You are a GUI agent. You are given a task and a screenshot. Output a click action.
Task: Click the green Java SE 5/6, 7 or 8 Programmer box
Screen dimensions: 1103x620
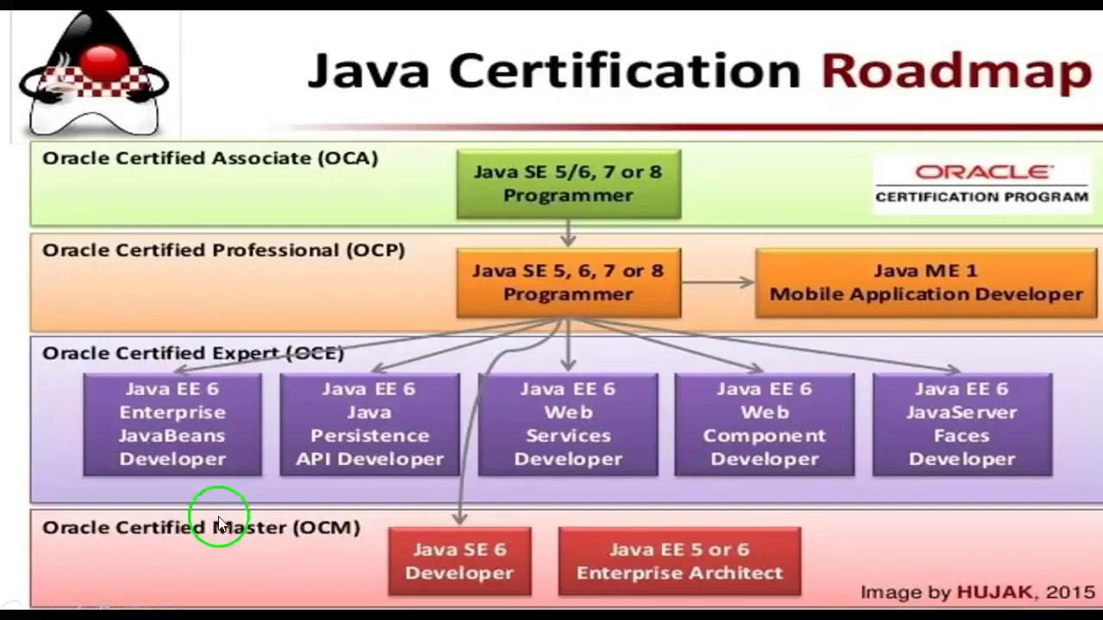pyautogui.click(x=568, y=183)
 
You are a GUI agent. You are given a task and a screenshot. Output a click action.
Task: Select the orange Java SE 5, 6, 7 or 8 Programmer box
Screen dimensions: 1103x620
pyautogui.click(x=568, y=282)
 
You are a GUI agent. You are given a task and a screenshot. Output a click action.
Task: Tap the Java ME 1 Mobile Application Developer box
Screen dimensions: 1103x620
pyautogui.click(x=926, y=282)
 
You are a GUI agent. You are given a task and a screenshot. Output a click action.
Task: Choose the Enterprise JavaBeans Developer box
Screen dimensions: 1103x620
pyautogui.click(x=172, y=424)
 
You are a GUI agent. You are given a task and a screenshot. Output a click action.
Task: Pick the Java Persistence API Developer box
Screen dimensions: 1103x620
pyautogui.click(x=370, y=424)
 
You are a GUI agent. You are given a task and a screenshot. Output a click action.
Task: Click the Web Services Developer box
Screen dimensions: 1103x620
pyautogui.click(x=568, y=424)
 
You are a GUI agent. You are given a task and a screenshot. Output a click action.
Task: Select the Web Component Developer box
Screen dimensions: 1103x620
pyautogui.click(x=764, y=424)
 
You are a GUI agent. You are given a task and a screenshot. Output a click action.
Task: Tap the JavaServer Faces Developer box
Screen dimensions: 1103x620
pyautogui.click(x=962, y=424)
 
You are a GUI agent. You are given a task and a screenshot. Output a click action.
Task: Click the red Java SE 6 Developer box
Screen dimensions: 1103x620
pyautogui.click(x=459, y=561)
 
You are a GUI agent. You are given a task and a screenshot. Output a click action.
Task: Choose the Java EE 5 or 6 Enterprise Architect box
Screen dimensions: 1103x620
pyautogui.click(x=680, y=561)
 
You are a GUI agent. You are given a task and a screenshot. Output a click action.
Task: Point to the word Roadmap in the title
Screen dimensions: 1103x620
pyautogui.click(x=956, y=71)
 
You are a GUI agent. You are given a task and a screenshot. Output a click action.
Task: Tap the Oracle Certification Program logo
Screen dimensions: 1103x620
pyautogui.click(x=981, y=183)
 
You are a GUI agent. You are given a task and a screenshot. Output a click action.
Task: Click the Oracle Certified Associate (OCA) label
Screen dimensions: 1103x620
pyautogui.click(x=210, y=158)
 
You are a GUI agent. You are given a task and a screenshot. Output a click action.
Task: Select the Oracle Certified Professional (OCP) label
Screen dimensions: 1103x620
pyautogui.click(x=223, y=251)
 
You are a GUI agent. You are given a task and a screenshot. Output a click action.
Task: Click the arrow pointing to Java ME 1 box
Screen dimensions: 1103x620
pyautogui.click(x=718, y=282)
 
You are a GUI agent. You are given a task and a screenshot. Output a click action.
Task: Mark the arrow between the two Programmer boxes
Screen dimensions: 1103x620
pyautogui.click(x=568, y=233)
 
